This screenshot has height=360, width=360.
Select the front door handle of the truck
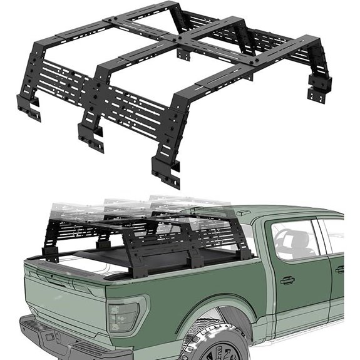pyautogui.click(x=288, y=280)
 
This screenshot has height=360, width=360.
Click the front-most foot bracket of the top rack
pyautogui.click(x=164, y=170)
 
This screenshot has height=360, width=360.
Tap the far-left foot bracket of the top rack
pyautogui.click(x=28, y=108)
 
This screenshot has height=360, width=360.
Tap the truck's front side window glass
pyautogui.click(x=293, y=240)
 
